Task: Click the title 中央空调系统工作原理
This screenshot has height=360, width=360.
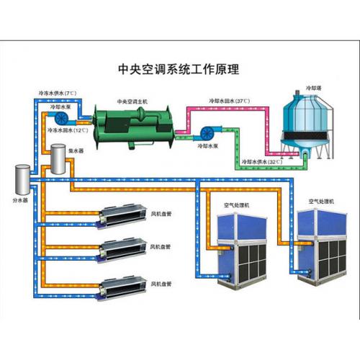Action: [x=179, y=69]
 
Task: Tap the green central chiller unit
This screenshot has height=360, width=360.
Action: [x=134, y=127]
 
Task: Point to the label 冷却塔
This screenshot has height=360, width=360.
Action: [x=313, y=88]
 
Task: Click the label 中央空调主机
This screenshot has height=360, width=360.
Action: [x=132, y=102]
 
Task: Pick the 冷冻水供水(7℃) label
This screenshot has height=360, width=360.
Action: [x=58, y=93]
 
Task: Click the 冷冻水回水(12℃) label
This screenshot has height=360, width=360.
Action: [x=68, y=130]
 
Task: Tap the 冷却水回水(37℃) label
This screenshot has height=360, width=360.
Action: [x=229, y=101]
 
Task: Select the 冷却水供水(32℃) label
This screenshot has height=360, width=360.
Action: [x=262, y=162]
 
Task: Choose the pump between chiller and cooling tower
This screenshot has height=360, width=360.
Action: [x=208, y=133]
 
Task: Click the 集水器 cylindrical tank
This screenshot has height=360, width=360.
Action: [x=58, y=159]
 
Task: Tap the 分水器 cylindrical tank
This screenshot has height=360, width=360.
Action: [x=22, y=179]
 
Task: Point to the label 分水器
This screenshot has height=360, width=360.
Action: [x=20, y=200]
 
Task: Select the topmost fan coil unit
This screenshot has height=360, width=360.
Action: [x=122, y=216]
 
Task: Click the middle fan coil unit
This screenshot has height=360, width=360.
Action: [x=122, y=251]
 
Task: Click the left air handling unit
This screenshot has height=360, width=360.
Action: [x=242, y=251]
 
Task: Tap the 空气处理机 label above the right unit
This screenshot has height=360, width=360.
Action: [x=321, y=202]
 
